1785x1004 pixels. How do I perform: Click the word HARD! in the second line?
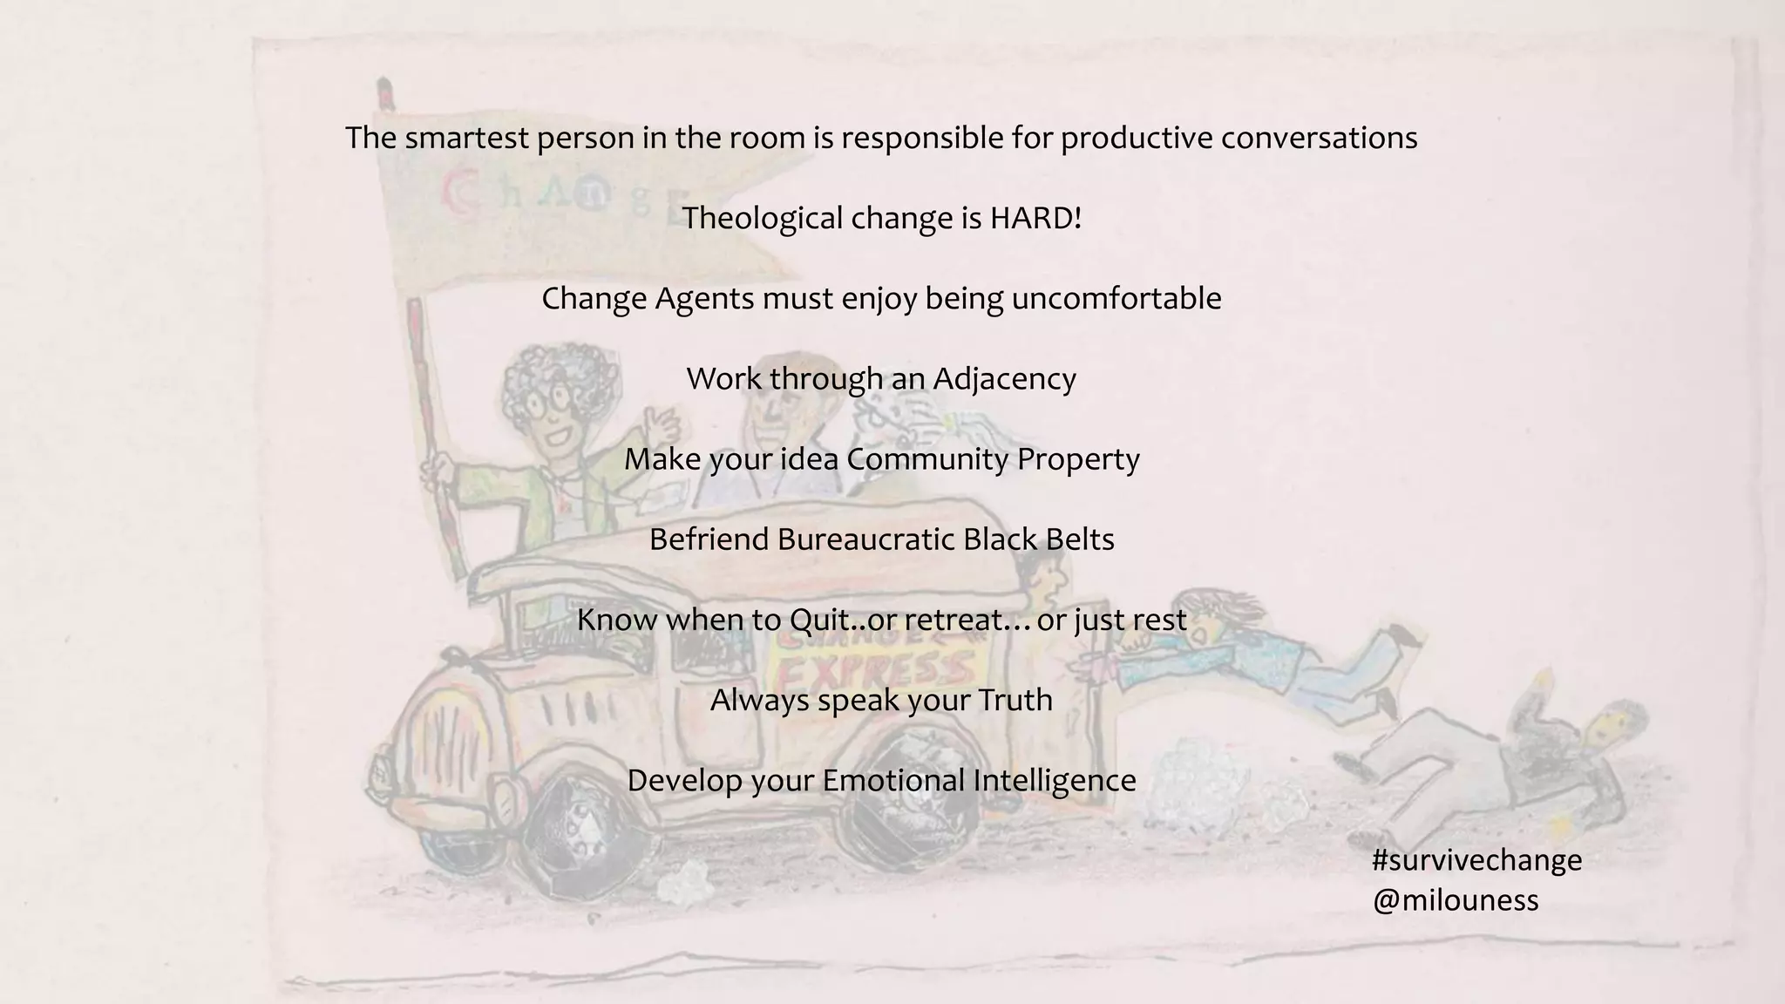pos(1035,218)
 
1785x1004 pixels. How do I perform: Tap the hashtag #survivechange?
pos(1476,860)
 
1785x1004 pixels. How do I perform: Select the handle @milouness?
pos(1455,899)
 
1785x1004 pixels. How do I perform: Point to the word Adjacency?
pos(1004,378)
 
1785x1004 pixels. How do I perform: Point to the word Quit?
pos(818,620)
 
